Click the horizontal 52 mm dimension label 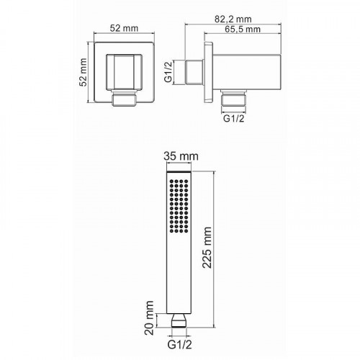[x=124, y=28]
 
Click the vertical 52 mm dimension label [x=83, y=72]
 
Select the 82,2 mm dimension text [x=233, y=19]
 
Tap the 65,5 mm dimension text [x=243, y=30]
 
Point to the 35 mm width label [x=181, y=156]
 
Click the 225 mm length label [x=207, y=248]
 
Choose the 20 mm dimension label [x=149, y=318]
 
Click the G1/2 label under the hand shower [x=180, y=345]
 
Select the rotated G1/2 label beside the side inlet [x=168, y=72]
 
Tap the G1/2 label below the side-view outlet [x=233, y=118]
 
